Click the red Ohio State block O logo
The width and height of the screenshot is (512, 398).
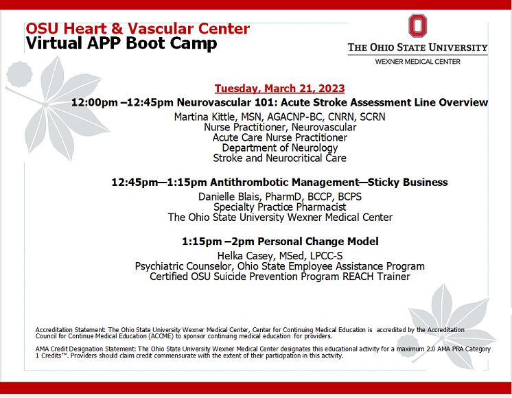pos(417,26)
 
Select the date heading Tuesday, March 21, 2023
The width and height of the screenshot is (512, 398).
pos(279,89)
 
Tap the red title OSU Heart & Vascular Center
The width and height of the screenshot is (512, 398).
pos(137,30)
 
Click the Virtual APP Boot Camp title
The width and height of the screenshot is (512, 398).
pos(121,44)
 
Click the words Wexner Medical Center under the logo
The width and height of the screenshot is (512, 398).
pos(417,61)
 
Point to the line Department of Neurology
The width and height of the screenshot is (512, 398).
pos(279,148)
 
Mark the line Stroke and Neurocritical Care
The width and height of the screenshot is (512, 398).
pos(279,158)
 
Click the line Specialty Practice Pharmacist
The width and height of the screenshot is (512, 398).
pos(280,207)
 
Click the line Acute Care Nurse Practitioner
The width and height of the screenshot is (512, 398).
pos(279,137)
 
